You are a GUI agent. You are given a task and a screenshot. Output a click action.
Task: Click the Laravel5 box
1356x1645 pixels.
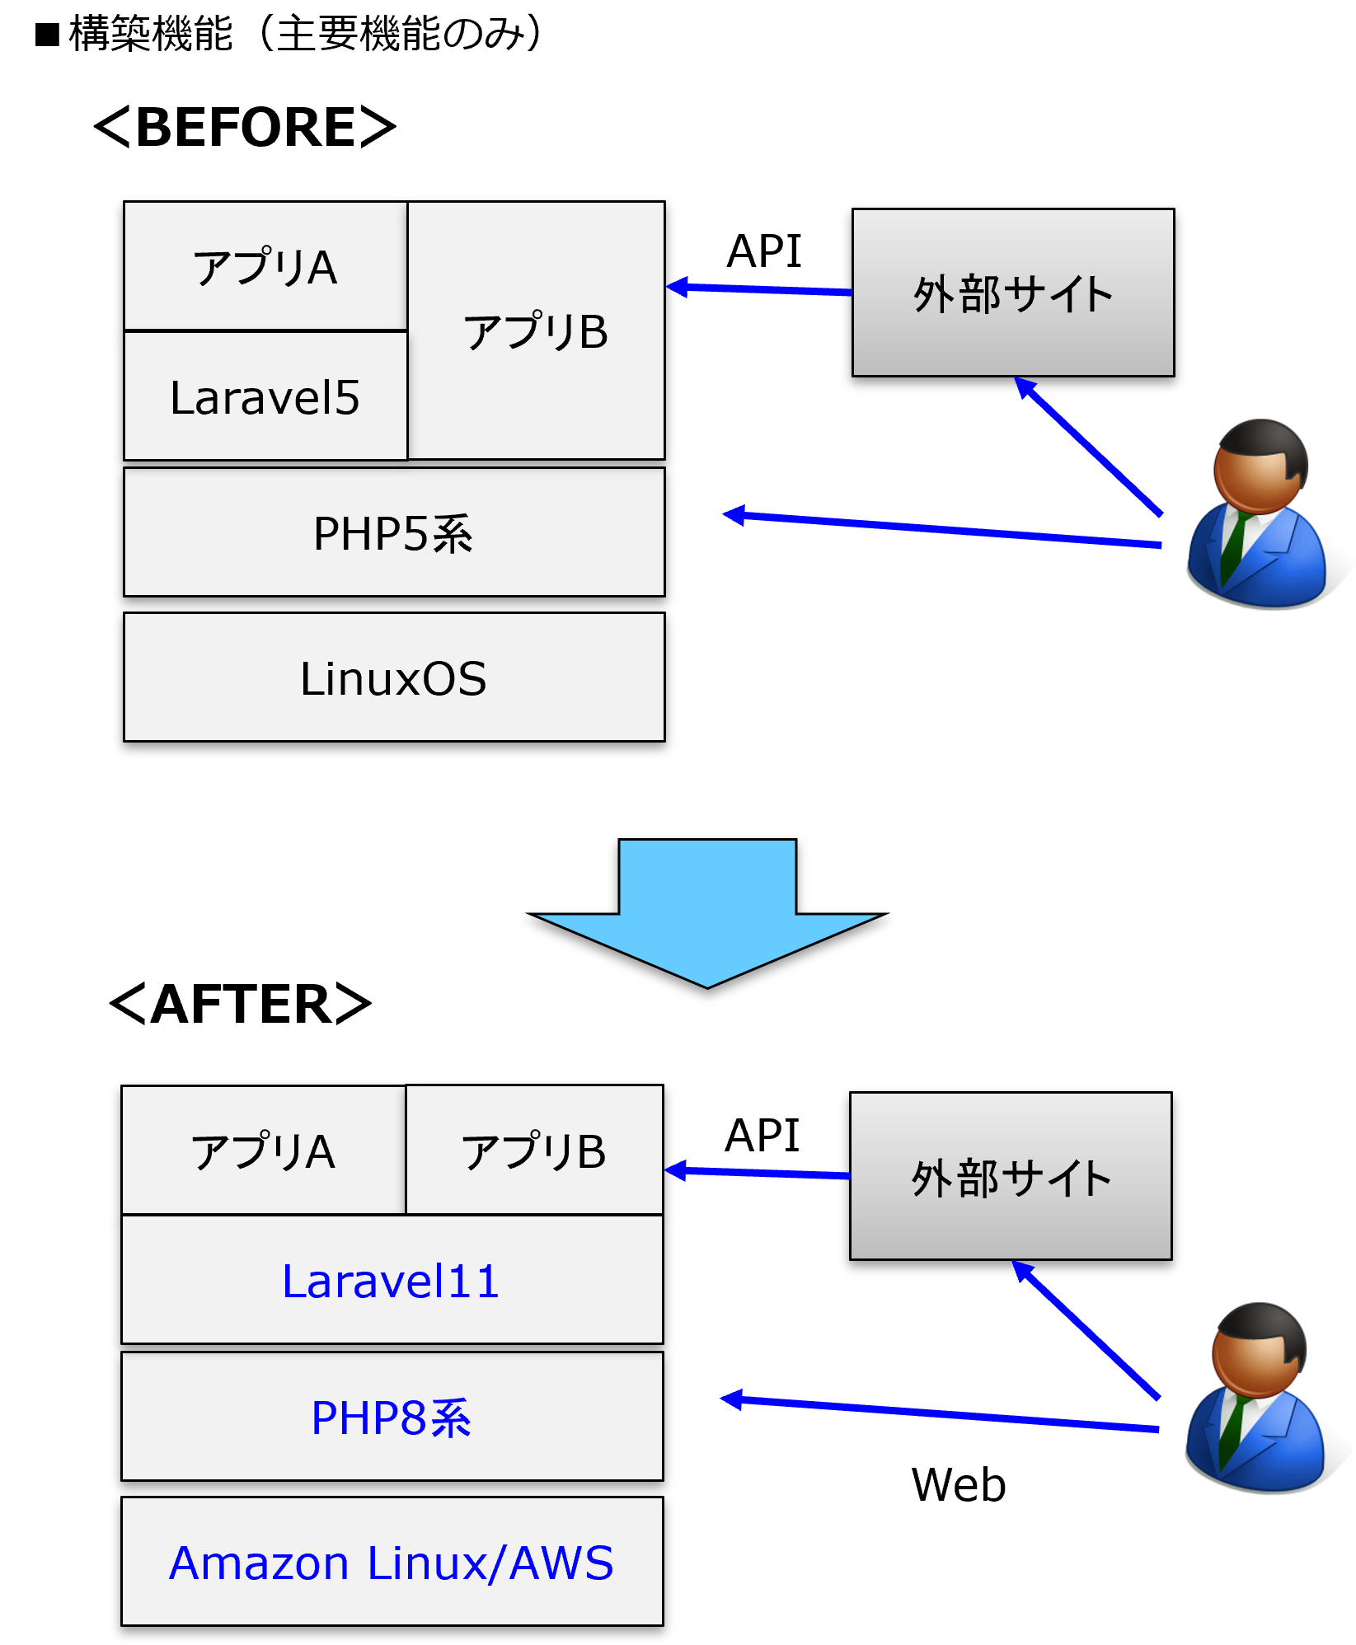click(265, 396)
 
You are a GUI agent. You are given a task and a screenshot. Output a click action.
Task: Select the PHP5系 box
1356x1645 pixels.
click(394, 532)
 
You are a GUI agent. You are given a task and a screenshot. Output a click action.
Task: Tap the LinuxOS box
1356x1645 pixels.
click(394, 677)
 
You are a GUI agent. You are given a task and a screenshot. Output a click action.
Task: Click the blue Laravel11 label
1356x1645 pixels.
click(391, 1282)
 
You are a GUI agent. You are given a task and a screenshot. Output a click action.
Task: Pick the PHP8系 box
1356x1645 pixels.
click(392, 1417)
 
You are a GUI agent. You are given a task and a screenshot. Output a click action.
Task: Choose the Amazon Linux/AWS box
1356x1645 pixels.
click(392, 1562)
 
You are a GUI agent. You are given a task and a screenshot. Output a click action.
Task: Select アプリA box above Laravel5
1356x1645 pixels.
click(265, 267)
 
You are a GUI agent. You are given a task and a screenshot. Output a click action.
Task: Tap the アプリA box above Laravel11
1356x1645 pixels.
click(264, 1151)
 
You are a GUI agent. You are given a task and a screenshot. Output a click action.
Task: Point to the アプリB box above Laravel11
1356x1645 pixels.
click(534, 1151)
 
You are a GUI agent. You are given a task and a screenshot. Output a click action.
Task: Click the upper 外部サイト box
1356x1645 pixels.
click(1013, 293)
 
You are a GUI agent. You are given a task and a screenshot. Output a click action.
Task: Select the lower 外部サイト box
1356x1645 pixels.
click(1011, 1176)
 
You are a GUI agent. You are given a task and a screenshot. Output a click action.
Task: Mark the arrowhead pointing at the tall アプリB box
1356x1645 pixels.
click(678, 287)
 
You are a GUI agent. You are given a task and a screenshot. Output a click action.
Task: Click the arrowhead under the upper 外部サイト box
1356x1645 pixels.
click(1025, 387)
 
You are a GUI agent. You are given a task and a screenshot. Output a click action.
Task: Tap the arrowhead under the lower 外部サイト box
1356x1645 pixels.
click(1023, 1271)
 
